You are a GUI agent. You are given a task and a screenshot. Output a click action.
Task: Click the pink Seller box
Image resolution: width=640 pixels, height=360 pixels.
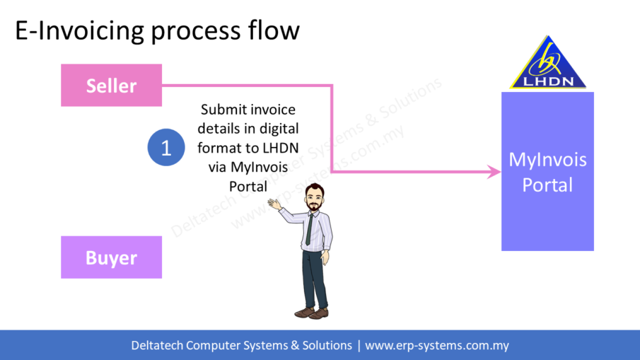pyautogui.click(x=111, y=86)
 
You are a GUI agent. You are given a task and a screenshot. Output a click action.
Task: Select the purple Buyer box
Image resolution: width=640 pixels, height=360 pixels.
pyautogui.click(x=111, y=257)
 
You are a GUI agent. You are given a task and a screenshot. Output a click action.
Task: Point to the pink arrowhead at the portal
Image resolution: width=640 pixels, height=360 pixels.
pyautogui.click(x=494, y=172)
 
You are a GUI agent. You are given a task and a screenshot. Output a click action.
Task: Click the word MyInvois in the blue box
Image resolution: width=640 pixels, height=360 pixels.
pyautogui.click(x=547, y=160)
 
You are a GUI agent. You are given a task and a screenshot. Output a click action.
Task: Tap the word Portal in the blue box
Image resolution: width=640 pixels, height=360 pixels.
pyautogui.click(x=547, y=185)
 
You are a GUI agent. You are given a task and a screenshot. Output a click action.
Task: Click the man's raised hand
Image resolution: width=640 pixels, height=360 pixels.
pyautogui.click(x=273, y=204)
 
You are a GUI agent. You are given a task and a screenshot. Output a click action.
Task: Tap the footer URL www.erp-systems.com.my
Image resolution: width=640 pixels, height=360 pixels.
pyautogui.click(x=437, y=346)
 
